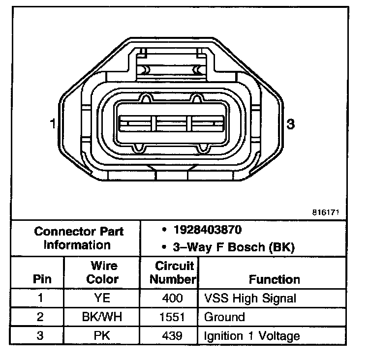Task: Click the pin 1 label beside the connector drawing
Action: (53, 123)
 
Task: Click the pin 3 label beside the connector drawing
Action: (290, 124)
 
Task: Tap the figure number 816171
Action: (326, 212)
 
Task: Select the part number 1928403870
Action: (208, 230)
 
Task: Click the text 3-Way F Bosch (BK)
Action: (234, 247)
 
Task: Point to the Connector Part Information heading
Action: (79, 238)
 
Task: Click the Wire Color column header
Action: (102, 272)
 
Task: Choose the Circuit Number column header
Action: (173, 272)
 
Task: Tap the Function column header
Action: (274, 279)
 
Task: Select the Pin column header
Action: (42, 279)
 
